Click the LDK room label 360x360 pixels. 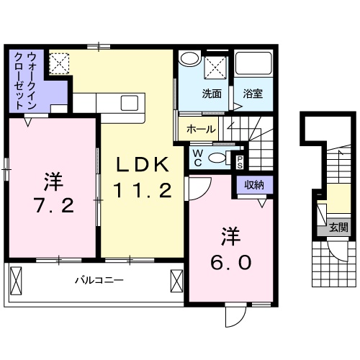point(144,165)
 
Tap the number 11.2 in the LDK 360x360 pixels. point(144,190)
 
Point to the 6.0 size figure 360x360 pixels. point(232,262)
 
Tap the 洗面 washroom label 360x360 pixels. point(211,94)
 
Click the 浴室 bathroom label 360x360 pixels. point(253,94)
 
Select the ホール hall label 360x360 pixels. point(200,130)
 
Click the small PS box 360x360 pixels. point(240,162)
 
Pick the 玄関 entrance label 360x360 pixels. point(338,228)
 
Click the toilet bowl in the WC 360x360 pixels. point(228,158)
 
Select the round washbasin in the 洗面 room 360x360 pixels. point(189,60)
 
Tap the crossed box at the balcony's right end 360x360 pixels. point(177,279)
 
